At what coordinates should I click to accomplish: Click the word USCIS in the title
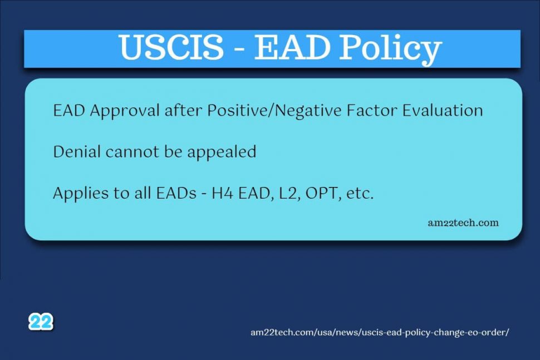click(172, 47)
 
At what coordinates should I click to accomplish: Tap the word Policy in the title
click(391, 49)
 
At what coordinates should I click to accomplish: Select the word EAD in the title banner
click(292, 47)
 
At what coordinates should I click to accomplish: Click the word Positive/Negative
click(274, 111)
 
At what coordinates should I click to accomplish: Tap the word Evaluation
click(443, 111)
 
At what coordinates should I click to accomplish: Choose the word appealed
click(222, 152)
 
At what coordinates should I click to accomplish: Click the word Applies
click(80, 193)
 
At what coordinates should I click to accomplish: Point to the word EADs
click(176, 193)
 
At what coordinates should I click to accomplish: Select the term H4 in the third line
click(222, 193)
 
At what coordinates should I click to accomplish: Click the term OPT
click(322, 194)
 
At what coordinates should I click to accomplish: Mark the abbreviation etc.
click(360, 194)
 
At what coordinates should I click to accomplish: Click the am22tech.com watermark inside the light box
click(463, 223)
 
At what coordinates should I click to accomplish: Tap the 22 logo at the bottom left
click(41, 322)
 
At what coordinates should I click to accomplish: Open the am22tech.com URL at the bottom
click(380, 333)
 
